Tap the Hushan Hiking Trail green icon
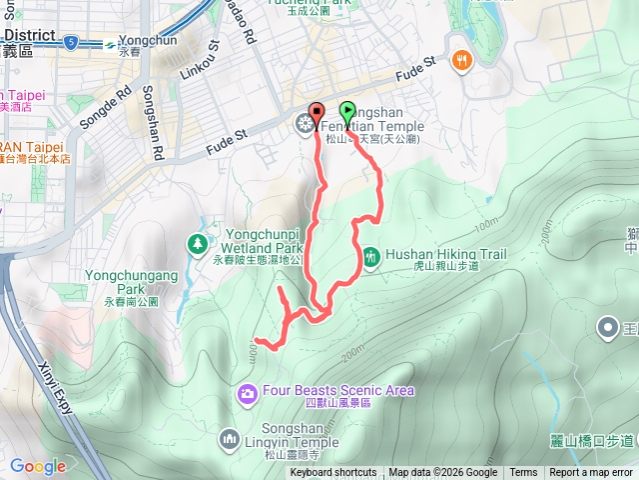click(370, 257)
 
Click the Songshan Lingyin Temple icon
click(231, 438)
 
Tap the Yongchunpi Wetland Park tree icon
click(198, 243)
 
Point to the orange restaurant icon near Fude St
click(460, 59)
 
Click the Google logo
click(37, 466)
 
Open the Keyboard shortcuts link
click(333, 473)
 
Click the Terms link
click(523, 473)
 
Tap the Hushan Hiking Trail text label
click(439, 255)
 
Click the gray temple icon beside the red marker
click(303, 124)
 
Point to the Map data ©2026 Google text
click(442, 473)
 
